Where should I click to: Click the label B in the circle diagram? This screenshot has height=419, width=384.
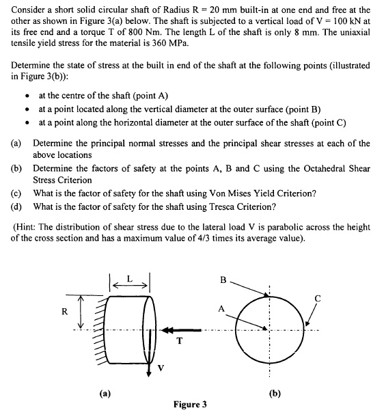(223, 281)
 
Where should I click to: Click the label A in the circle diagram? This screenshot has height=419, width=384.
(221, 308)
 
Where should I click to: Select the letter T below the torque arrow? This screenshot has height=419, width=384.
(179, 342)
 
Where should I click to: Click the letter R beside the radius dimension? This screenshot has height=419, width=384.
(64, 311)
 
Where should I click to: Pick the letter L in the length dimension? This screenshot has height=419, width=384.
(130, 279)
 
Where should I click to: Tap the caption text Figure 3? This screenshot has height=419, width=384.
(190, 405)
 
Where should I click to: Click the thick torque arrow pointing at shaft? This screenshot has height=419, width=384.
(182, 330)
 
